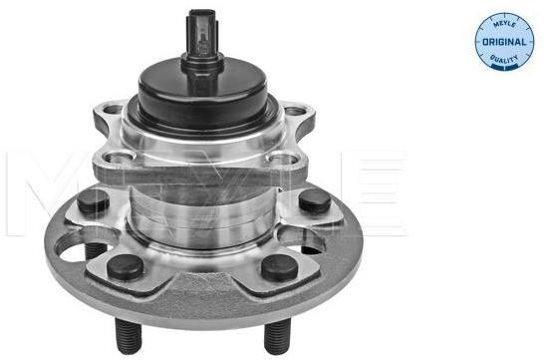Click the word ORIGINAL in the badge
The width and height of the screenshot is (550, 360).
pos(504,42)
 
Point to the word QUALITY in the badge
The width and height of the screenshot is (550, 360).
pos(504,59)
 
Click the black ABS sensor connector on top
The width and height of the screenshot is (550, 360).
pos(203,37)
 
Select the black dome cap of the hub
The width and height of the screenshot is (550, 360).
pos(202,93)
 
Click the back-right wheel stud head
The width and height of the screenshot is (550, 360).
pos(315,200)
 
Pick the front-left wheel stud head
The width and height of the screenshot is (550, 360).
pos(125,267)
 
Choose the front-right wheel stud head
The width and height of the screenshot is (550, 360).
pos(280,267)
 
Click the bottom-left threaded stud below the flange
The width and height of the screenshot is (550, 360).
pos(128,335)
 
